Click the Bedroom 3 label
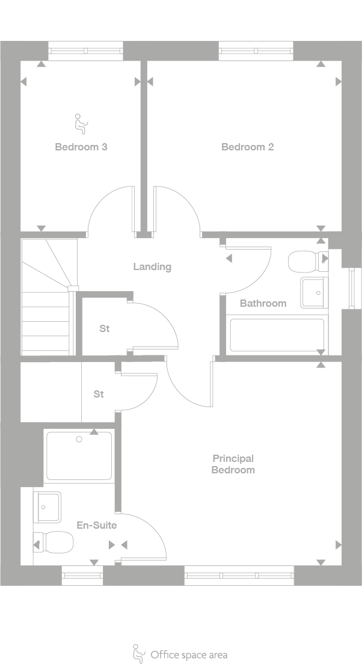point(81,147)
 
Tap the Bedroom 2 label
point(247,147)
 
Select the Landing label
point(152,266)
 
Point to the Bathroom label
point(263,303)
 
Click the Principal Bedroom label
point(233,464)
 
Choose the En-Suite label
point(97,525)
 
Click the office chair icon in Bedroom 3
point(80,123)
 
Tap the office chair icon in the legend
point(138,653)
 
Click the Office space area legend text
point(189,655)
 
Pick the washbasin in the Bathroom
point(313,293)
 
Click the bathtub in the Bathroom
point(277,335)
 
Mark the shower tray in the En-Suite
point(79,455)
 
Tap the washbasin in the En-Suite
point(47,507)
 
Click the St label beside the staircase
point(105,329)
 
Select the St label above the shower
point(99,394)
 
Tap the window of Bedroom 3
point(85,51)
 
